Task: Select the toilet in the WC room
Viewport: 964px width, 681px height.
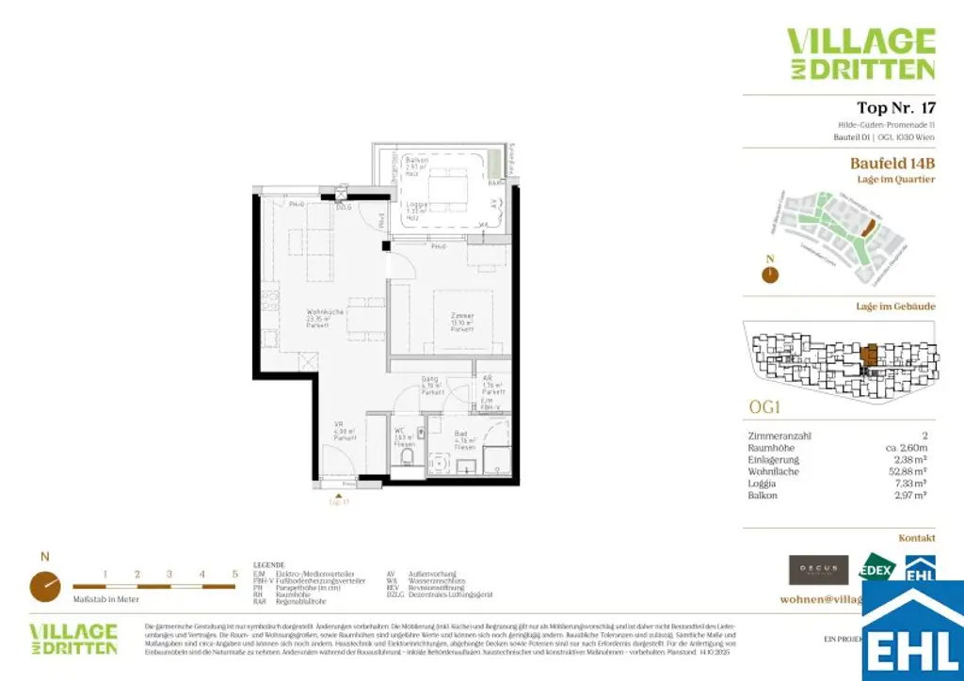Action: (407, 458)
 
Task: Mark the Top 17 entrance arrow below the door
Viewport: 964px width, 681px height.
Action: (339, 494)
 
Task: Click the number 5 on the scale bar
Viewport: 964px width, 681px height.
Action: (234, 573)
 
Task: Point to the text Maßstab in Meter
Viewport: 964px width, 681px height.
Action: (105, 598)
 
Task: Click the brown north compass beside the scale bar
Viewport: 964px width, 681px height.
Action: (45, 585)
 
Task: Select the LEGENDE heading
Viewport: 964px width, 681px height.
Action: (269, 564)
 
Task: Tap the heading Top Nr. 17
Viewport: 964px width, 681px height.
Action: (896, 108)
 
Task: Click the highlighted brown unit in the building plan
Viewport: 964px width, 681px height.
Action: (871, 355)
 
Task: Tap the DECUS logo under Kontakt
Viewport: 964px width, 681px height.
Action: (819, 569)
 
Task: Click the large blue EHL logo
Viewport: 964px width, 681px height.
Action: (914, 631)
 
